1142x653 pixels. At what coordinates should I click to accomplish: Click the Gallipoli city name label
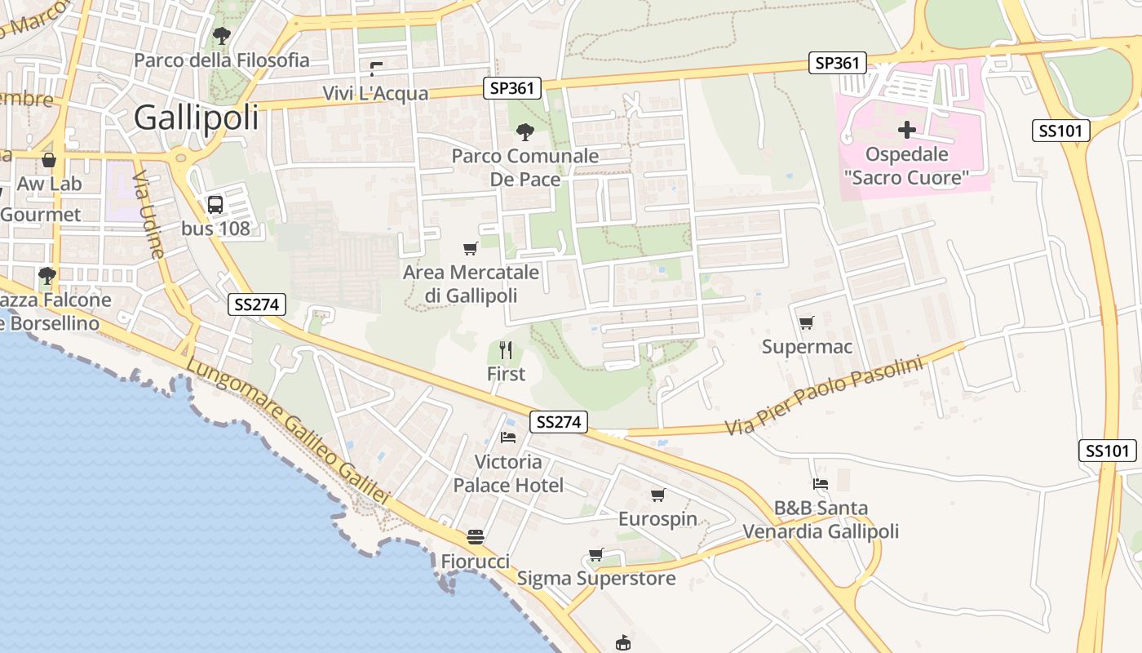196,118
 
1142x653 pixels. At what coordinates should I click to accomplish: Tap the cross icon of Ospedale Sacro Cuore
906,130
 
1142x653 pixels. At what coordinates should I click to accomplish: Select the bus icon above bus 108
215,205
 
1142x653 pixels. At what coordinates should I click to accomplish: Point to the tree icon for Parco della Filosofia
221,35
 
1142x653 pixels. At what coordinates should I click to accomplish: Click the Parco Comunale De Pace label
525,167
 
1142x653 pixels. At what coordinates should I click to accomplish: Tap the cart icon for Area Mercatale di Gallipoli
470,248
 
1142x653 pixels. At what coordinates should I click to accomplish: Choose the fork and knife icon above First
506,350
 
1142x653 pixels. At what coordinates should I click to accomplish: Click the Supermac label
807,347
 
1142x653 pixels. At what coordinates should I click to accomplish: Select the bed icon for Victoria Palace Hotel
508,438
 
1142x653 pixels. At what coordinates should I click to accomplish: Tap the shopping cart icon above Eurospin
657,495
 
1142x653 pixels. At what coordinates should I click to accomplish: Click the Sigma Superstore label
596,579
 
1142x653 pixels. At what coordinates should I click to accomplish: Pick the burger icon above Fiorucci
476,537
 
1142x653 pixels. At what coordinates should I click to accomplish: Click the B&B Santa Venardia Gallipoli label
821,520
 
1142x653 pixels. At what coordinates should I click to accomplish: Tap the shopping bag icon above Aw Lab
49,160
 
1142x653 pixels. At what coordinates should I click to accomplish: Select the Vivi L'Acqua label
375,93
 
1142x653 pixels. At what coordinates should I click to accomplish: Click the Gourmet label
41,215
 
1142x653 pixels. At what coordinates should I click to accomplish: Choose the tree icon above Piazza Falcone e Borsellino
47,275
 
